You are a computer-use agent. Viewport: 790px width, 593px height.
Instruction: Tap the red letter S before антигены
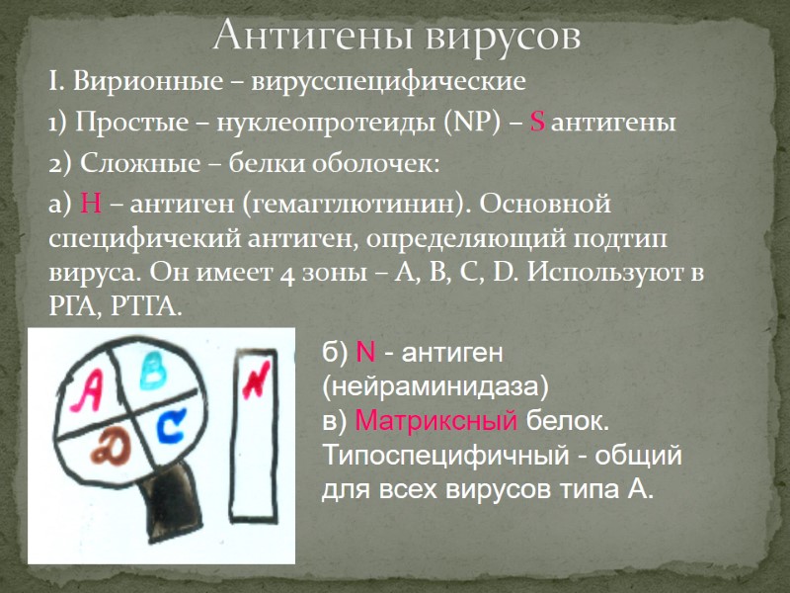click(538, 124)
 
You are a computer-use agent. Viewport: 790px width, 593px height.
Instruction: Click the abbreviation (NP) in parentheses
click(475, 124)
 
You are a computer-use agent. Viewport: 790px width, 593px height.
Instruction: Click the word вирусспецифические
click(388, 79)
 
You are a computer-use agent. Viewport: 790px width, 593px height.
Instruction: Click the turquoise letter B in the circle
click(154, 372)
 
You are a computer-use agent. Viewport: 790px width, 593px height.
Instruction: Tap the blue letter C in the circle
click(170, 426)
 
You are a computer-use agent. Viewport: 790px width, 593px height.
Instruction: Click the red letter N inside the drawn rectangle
click(255, 380)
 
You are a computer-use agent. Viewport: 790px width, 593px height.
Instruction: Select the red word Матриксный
click(435, 421)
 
